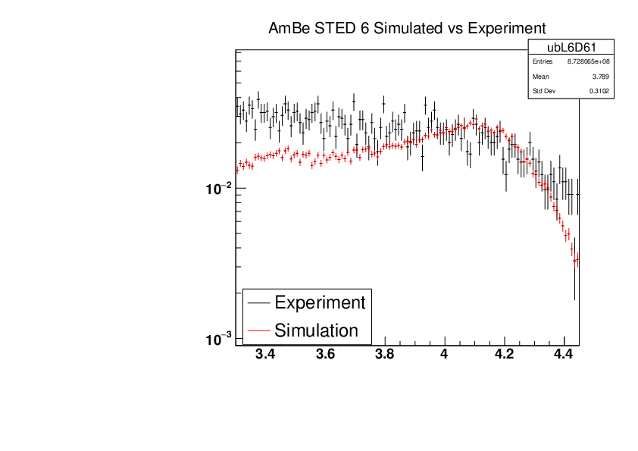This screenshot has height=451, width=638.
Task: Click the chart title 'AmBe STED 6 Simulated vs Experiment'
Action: pyautogui.click(x=407, y=29)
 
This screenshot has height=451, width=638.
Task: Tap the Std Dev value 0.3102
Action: pyautogui.click(x=599, y=92)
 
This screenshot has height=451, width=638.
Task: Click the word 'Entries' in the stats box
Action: pyautogui.click(x=543, y=61)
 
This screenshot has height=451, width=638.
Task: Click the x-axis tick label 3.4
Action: pyautogui.click(x=265, y=354)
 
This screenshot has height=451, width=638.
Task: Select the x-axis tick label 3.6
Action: pyautogui.click(x=325, y=354)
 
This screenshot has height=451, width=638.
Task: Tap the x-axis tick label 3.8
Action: pyautogui.click(x=385, y=354)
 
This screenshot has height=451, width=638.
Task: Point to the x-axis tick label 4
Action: pyautogui.click(x=444, y=354)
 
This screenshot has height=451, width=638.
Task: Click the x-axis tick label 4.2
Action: pyautogui.click(x=504, y=354)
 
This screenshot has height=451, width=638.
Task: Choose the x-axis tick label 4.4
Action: pyautogui.click(x=564, y=354)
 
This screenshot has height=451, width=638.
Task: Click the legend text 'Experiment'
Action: pyautogui.click(x=320, y=302)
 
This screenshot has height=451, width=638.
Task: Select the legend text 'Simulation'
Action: pyautogui.click(x=316, y=330)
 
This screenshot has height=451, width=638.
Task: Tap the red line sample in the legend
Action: pyautogui.click(x=258, y=330)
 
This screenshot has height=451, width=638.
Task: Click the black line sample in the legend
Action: pyautogui.click(x=258, y=302)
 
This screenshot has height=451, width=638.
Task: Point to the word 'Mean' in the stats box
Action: pyautogui.click(x=541, y=77)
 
